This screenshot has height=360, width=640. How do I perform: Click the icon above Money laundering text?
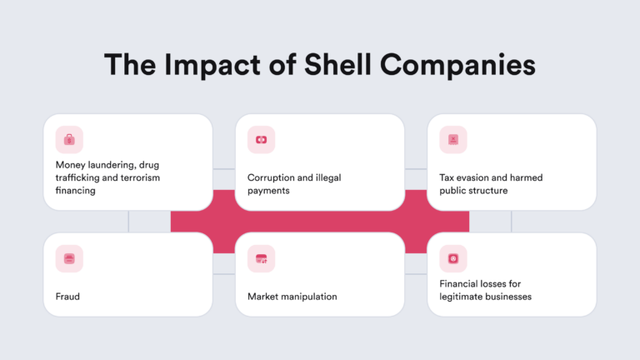69,139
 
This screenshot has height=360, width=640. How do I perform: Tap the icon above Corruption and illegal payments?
261,139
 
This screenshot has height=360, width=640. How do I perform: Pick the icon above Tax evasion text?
452,139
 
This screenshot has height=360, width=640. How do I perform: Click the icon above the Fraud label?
69,258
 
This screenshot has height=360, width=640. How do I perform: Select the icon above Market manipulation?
261,258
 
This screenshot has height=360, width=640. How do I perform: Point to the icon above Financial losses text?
452,258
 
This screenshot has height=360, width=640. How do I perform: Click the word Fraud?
67,296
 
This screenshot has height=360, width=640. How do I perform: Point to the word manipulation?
313,296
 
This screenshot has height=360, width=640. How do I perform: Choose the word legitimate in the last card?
462,296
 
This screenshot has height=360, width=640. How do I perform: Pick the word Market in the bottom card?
263,296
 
